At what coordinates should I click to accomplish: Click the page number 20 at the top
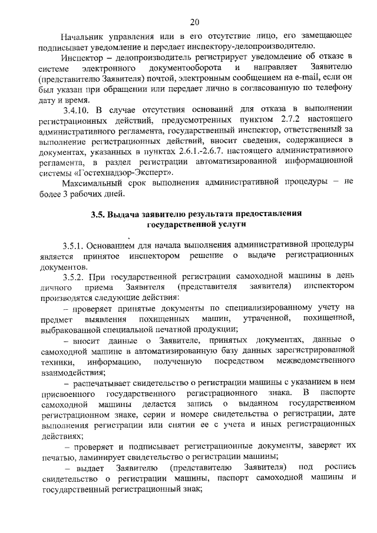tap(195, 22)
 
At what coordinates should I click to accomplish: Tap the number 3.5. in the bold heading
tap(98, 214)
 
